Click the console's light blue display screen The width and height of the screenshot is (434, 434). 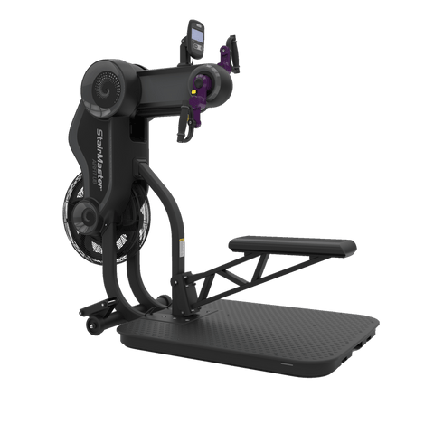pyautogui.click(x=197, y=35)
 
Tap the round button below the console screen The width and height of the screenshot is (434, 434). pyautogui.click(x=198, y=46)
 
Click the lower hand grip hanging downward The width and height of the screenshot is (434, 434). pyautogui.click(x=184, y=124)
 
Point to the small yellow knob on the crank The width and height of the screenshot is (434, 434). pyautogui.click(x=194, y=90)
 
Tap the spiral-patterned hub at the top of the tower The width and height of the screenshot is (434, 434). pyautogui.click(x=107, y=88)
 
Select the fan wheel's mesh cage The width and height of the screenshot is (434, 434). pyautogui.click(x=106, y=218)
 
